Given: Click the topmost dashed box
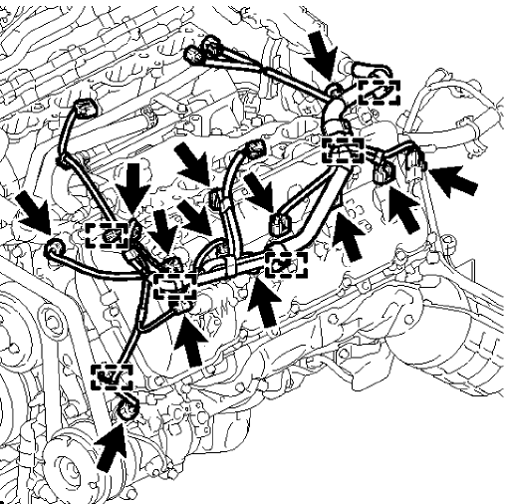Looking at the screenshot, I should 378,93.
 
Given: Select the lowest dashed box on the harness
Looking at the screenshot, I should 112,377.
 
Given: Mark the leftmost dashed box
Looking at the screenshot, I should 107,235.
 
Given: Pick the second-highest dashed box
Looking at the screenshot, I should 344,151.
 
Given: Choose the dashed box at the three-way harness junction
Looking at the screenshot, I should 173,288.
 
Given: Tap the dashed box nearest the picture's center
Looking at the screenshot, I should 284,264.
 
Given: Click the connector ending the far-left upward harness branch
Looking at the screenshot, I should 87,108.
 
